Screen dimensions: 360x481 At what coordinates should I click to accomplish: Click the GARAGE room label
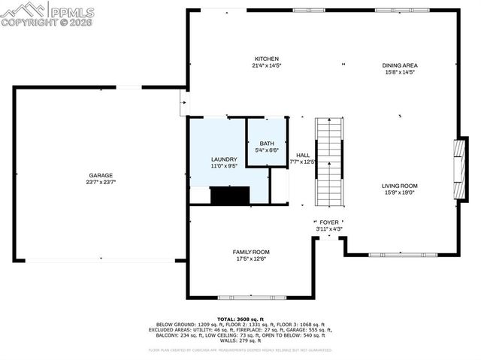(100, 175)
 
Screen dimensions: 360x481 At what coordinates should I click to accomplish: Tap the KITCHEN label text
(267, 59)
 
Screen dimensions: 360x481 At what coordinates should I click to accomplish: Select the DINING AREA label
(399, 65)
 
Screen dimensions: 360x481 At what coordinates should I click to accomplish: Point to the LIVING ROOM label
(399, 186)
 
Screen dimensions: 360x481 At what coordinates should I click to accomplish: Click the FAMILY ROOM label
(250, 252)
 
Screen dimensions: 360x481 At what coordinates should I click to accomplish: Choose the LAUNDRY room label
(224, 159)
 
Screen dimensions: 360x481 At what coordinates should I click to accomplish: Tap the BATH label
(267, 144)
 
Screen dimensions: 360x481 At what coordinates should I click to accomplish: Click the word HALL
(302, 155)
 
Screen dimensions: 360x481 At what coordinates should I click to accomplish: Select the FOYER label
(328, 222)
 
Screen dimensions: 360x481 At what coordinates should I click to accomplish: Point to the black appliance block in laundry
(229, 195)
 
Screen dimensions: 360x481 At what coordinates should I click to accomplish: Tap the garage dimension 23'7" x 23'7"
(100, 182)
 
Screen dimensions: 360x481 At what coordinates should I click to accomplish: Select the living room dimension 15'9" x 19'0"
(399, 192)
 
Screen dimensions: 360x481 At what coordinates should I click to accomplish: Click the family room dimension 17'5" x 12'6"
(250, 259)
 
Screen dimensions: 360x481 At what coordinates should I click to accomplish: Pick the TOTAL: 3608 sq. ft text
(240, 319)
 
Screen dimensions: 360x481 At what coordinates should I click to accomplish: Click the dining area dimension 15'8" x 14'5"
(399, 72)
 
